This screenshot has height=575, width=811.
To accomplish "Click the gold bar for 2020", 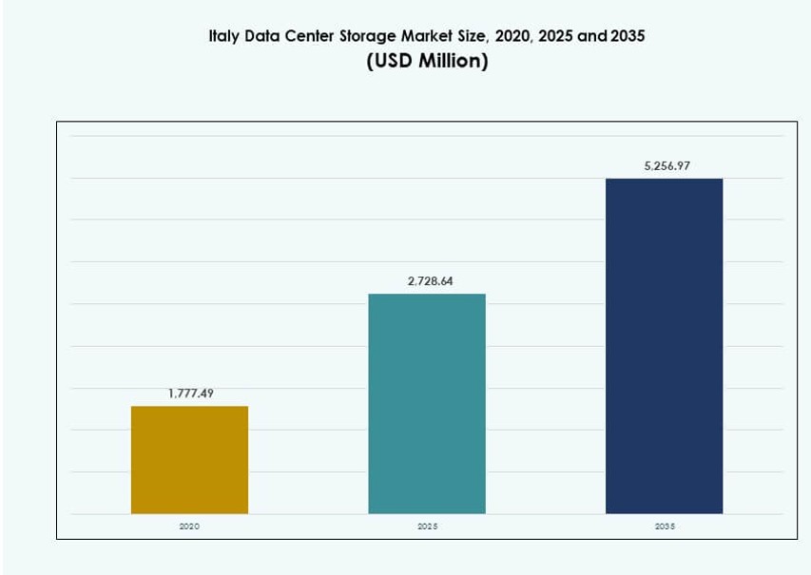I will (x=189, y=460).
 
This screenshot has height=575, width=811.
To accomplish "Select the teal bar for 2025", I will (x=427, y=404).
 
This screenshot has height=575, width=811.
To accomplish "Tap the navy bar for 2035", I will (x=664, y=346).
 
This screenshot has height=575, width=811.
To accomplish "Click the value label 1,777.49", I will (x=189, y=393).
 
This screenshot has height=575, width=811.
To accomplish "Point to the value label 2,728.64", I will (x=427, y=281).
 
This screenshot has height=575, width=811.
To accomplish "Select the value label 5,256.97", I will (x=666, y=165).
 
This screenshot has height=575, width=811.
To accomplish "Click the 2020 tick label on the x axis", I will (x=189, y=526).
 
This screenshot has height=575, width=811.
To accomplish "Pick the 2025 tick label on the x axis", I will (x=427, y=526).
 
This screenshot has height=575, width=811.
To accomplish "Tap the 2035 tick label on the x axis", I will (x=665, y=526).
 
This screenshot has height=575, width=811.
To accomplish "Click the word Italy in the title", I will (x=222, y=37).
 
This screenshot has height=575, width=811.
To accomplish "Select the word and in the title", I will (x=589, y=37).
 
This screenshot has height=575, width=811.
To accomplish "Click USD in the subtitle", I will (x=393, y=63).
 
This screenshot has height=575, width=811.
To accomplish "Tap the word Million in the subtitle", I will (x=454, y=63).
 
